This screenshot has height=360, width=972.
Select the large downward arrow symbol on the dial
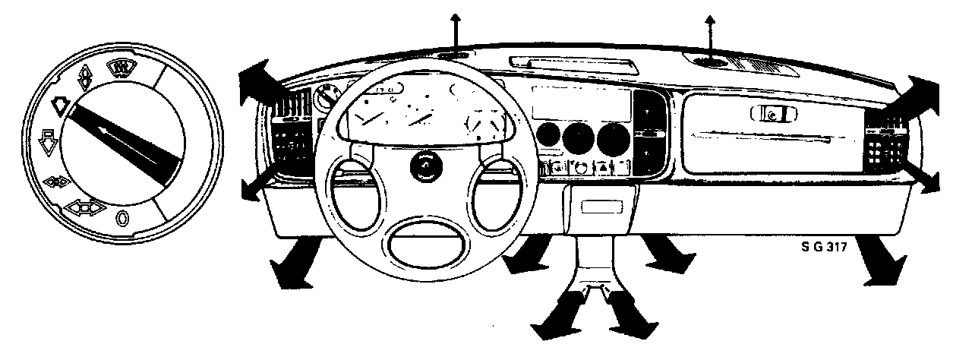point(46,141)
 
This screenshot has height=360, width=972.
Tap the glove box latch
point(772,114)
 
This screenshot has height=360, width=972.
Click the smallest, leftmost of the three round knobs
point(547,137)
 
